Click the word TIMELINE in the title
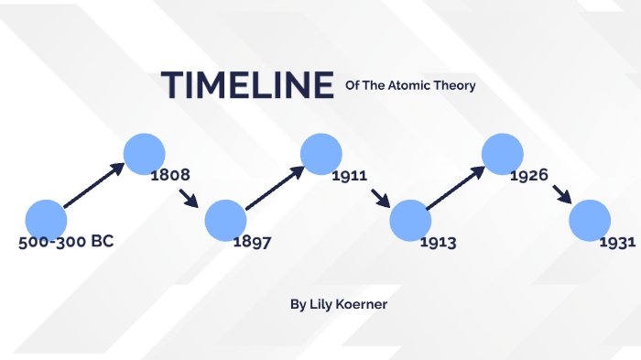pos(247,84)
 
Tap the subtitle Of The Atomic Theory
pos(410,86)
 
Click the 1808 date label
pos(170,174)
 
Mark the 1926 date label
pos(529,174)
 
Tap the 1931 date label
pos(618,243)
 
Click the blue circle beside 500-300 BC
pos(46,219)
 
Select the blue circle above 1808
pos(144,153)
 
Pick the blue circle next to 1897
pos(225,221)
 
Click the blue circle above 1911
pos(321,153)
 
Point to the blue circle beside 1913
pos(409,221)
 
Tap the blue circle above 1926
pos(502,153)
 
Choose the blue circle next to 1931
pos(590,221)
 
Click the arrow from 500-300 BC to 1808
pos(93,185)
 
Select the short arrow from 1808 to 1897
pos(189,198)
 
